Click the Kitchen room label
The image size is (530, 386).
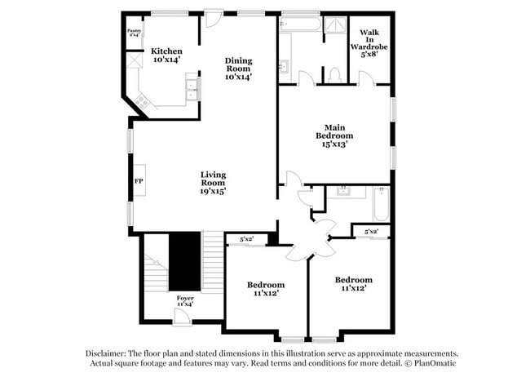(x=166, y=51)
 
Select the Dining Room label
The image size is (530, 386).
(x=238, y=64)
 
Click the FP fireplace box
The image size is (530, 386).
(x=139, y=180)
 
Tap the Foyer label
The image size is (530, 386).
(x=185, y=299)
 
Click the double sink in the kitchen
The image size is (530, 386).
(x=192, y=86)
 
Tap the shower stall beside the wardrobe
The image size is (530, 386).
(x=333, y=27)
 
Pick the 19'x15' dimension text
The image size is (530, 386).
(x=214, y=191)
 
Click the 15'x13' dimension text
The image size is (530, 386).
(x=334, y=144)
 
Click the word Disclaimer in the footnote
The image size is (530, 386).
(x=107, y=353)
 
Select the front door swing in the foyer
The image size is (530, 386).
(x=183, y=316)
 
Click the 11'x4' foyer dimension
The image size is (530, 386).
(x=185, y=305)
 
